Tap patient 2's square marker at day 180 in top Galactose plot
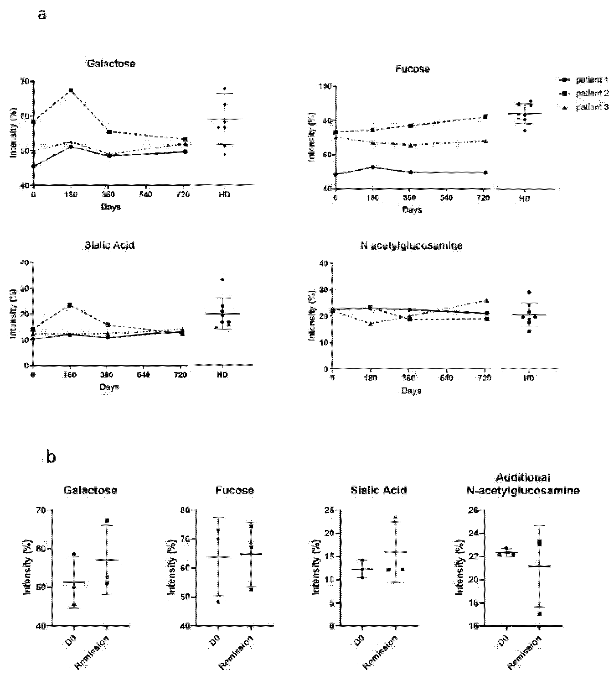point(71,90)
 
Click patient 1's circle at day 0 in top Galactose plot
point(33,166)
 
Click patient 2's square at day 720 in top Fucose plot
point(485,117)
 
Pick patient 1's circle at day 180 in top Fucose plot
point(373,167)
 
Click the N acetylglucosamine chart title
point(411,246)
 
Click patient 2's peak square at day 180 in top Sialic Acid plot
point(70,305)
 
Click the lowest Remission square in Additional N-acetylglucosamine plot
point(540,614)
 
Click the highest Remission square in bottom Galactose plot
point(107,520)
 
